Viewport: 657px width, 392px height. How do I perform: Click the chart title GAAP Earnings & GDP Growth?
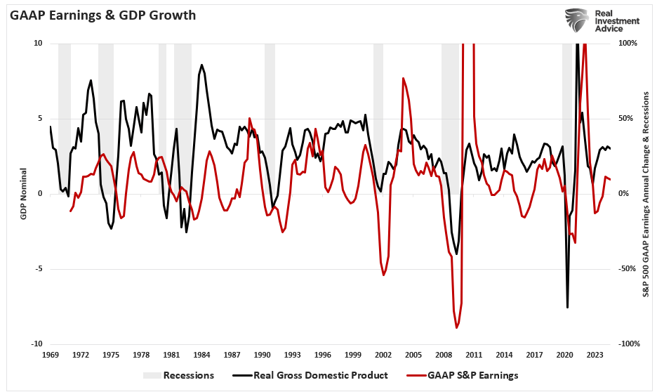tap(102, 15)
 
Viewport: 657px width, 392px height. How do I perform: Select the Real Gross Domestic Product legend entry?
tap(304, 375)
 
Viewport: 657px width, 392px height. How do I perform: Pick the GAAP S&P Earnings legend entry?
tap(465, 375)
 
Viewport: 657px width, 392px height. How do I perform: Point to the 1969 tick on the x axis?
tap(51, 355)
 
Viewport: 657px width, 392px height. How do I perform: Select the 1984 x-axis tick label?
tap(202, 355)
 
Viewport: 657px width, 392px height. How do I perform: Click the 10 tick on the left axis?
tap(38, 44)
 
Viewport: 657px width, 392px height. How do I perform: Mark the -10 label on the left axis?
tap(36, 344)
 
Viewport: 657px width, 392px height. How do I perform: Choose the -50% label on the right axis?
tap(630, 269)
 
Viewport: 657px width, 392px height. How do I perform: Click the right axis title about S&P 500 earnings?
tap(645, 194)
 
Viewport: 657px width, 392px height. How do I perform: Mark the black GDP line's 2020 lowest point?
tap(567, 307)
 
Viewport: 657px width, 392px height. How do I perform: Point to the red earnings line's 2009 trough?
tap(457, 327)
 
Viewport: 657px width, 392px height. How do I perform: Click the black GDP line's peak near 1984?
tap(201, 65)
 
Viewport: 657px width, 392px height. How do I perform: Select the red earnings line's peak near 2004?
tap(403, 78)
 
